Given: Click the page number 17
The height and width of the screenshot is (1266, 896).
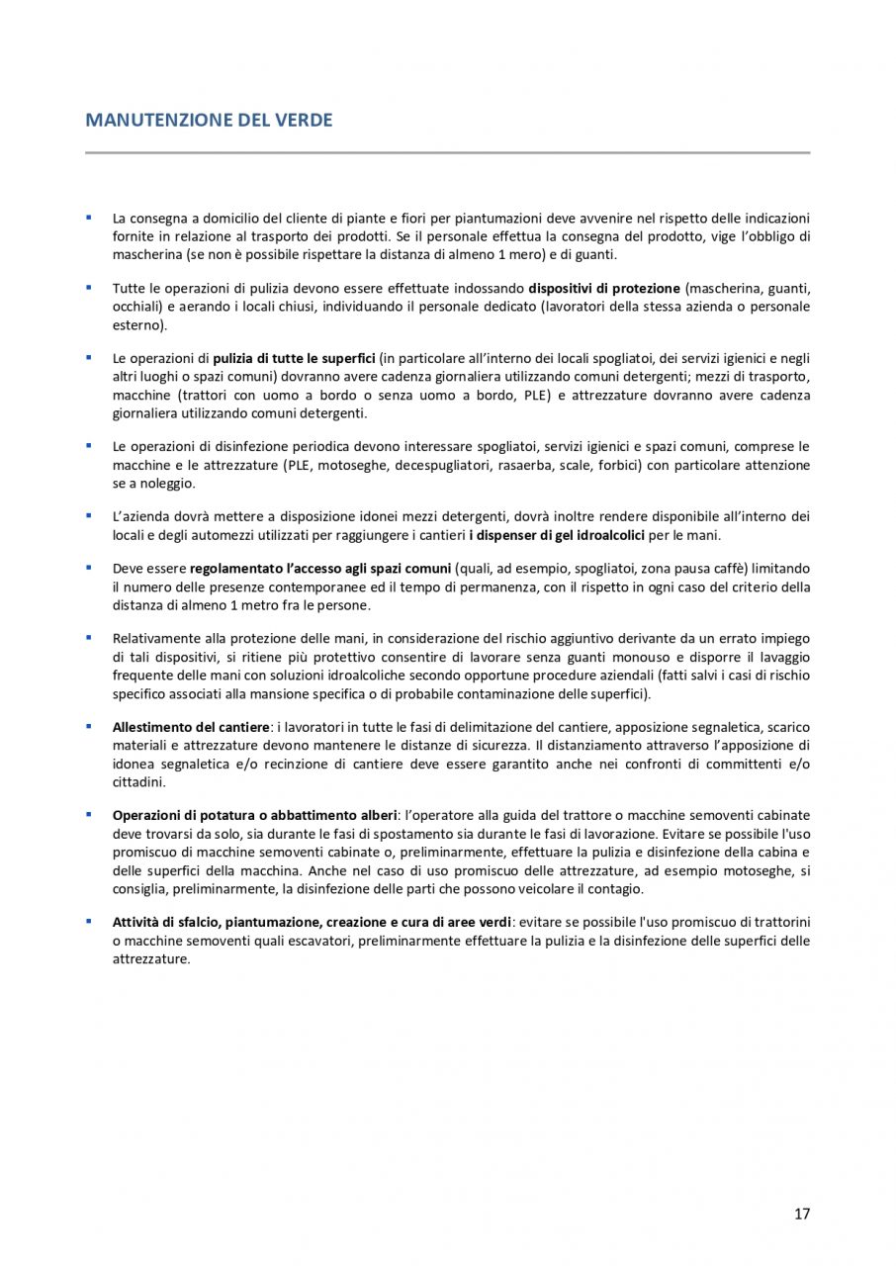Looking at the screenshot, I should pyautogui.click(x=801, y=1214).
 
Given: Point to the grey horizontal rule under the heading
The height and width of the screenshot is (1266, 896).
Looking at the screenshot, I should pyautogui.click(x=447, y=152).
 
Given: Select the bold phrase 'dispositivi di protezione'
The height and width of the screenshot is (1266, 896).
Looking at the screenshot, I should pyautogui.click(x=604, y=289).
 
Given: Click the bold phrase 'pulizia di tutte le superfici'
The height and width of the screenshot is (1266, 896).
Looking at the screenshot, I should pyautogui.click(x=294, y=358).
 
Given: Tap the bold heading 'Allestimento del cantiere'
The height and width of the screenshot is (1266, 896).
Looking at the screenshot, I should pyautogui.click(x=190, y=727).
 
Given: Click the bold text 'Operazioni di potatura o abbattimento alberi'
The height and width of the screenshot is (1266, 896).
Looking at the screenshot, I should pyautogui.click(x=254, y=815).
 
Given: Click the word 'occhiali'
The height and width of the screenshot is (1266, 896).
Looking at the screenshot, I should pyautogui.click(x=135, y=307).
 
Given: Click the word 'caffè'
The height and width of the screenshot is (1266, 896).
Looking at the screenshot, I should pyautogui.click(x=730, y=569).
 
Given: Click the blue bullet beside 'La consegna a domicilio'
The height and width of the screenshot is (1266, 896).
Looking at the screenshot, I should pyautogui.click(x=88, y=217).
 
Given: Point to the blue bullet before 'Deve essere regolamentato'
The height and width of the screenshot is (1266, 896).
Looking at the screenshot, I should pyautogui.click(x=88, y=569).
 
